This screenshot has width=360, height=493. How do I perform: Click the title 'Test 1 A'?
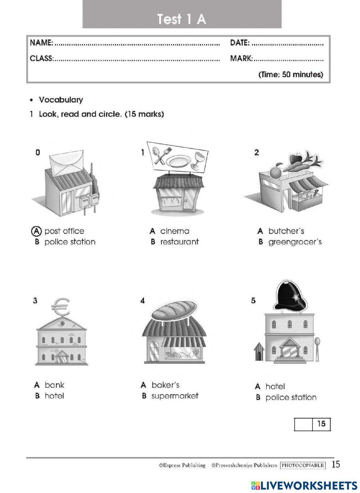pos(181,19)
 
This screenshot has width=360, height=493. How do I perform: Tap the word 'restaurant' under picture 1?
pos(179,242)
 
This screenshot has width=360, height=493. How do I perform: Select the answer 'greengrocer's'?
pos(295,242)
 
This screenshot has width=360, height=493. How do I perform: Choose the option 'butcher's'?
pos(286,231)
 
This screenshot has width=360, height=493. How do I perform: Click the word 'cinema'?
pos(175,231)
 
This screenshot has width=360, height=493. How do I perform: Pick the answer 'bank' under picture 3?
pos(54,385)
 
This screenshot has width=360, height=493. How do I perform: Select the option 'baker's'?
pos(165,385)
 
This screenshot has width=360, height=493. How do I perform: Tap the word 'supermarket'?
pos(175,396)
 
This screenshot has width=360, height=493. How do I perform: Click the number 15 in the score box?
pos(321,424)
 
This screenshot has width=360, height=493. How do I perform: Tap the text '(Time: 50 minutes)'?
pos(291,75)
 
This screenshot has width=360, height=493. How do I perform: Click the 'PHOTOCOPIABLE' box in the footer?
pos(303,465)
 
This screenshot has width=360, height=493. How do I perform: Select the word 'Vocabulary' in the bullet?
pos(61,100)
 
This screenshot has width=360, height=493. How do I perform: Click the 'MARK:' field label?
pos(242,58)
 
